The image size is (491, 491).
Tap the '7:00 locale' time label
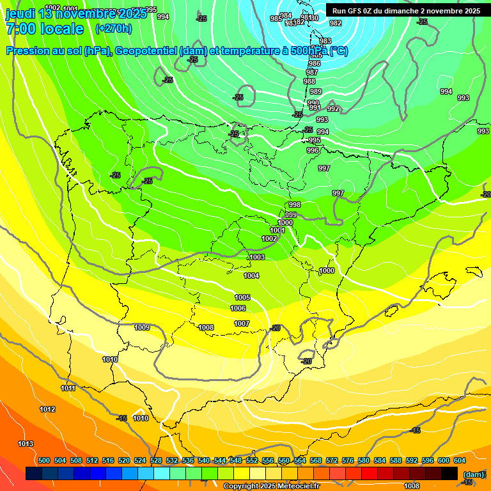(x=45, y=29)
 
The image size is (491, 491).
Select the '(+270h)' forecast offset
(x=114, y=29)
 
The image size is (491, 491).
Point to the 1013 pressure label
(x=26, y=444)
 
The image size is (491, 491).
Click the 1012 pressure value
(x=47, y=409)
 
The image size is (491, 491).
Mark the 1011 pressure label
(x=68, y=388)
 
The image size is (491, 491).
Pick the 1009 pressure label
(x=142, y=327)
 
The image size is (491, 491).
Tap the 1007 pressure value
(x=242, y=323)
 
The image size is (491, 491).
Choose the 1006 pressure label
(x=238, y=308)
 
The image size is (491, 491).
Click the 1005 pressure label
(x=242, y=297)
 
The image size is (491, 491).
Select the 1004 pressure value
(x=251, y=276)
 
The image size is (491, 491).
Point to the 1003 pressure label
(x=257, y=257)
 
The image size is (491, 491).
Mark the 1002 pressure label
(x=269, y=238)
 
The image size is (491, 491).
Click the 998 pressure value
(x=295, y=205)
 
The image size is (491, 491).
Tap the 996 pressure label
(x=313, y=150)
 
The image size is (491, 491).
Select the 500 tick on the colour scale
(x=44, y=460)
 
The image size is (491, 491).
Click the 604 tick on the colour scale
(x=460, y=460)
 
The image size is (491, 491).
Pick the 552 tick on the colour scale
(x=252, y=460)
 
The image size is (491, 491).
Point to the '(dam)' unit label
(x=474, y=474)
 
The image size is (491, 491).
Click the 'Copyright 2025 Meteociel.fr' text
(x=272, y=486)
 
